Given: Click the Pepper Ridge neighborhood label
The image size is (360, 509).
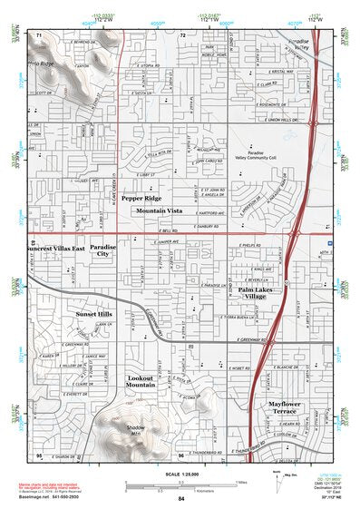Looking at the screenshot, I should pyautogui.click(x=141, y=198).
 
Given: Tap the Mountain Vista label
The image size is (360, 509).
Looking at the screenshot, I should pyautogui.click(x=160, y=210).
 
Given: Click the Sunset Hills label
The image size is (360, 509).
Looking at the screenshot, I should pyautogui.click(x=92, y=313).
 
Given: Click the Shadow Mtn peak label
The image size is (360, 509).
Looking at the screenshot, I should pyautogui.click(x=136, y=430).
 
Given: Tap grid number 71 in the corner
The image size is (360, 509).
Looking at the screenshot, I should pyautogui.click(x=39, y=34).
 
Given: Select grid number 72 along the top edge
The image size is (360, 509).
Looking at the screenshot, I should pyautogui.click(x=182, y=34).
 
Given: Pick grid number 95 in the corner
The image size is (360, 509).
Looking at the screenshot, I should pyautogui.click(x=39, y=453).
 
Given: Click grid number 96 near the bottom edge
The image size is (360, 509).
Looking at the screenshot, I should pyautogui.click(x=181, y=454).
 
